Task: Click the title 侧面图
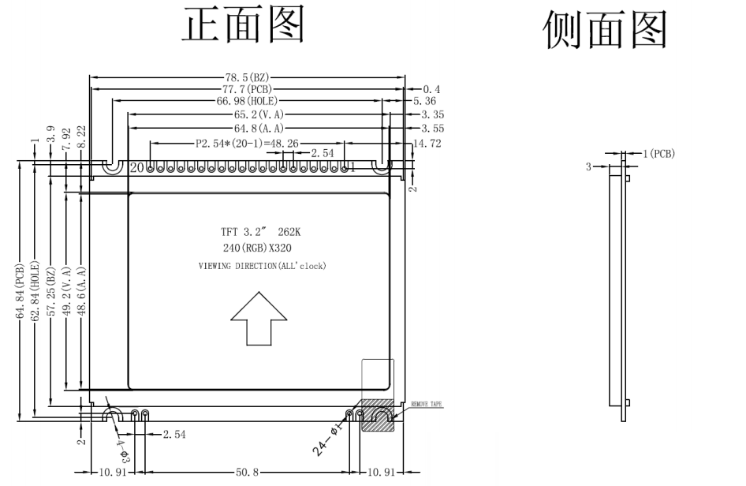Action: point(606,30)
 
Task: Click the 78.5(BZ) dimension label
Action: point(248,78)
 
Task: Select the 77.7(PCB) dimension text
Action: point(248,90)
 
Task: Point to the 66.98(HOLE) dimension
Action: point(248,102)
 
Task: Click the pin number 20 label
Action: point(137,168)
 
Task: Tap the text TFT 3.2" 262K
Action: point(261,233)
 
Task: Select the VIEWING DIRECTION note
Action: point(261,266)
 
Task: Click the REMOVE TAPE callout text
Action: point(426,404)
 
